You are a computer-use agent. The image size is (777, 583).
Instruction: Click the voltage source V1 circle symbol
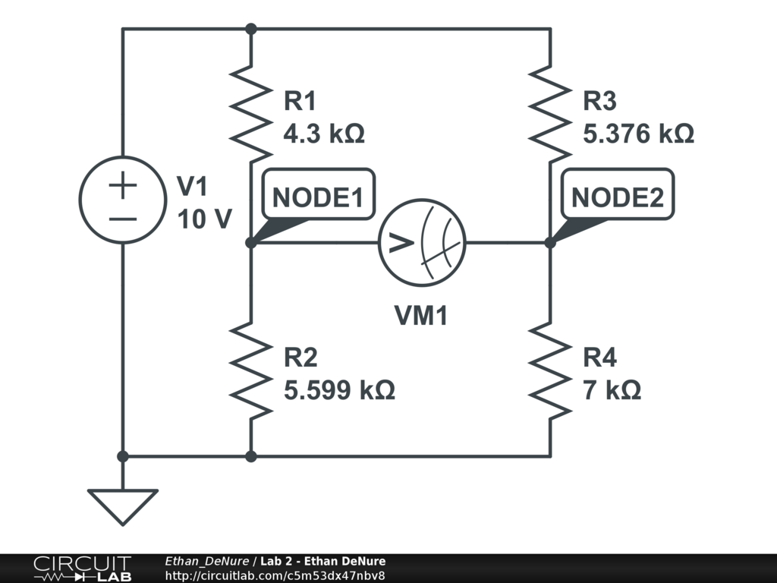pos(123,200)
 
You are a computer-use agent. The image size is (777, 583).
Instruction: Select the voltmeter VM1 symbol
pos(422,243)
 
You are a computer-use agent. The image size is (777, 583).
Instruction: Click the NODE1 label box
pos(318,197)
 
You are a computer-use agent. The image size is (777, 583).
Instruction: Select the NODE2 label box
pos(617,197)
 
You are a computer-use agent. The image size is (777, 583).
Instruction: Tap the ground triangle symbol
pos(122,506)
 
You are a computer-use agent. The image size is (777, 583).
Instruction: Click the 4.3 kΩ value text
pos(324,134)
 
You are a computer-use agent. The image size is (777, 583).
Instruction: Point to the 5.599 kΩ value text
pos(339,390)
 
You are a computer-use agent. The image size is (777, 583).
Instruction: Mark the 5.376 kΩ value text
pos(638,134)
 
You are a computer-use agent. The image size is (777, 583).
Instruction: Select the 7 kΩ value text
pos(612,390)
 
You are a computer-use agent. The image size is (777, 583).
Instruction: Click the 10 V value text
pos(204,219)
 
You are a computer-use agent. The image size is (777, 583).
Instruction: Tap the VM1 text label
pos(421,315)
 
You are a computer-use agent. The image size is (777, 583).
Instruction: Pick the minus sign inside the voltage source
pos(123,219)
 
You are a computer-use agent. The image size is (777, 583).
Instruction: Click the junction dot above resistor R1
pos(251,29)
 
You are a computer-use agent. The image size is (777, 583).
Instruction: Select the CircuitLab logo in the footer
pos(82,568)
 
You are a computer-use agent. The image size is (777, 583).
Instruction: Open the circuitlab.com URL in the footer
pos(280,575)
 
